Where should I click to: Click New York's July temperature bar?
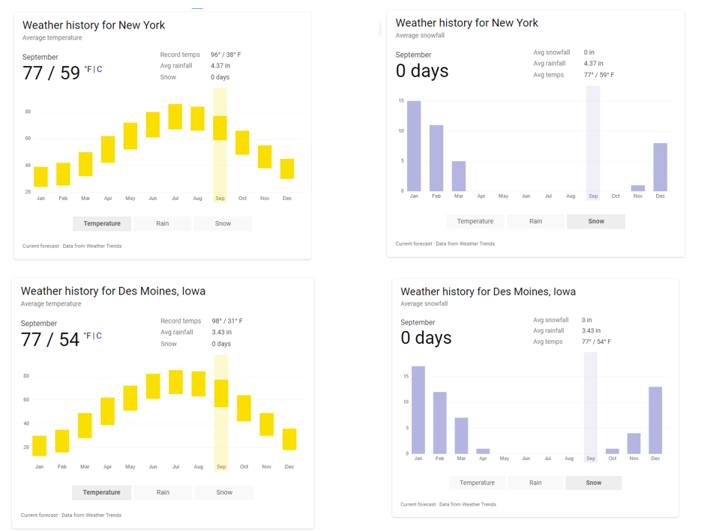pos(175,117)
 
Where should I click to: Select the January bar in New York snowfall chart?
pos(414,146)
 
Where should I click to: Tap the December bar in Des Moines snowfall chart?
pos(655,420)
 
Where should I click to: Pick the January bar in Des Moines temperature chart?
pos(39,446)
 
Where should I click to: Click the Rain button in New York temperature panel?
pos(162,223)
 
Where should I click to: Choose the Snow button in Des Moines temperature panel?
pos(223,492)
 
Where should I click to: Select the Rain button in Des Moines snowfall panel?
pos(535,483)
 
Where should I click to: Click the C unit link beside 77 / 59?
pos(99,70)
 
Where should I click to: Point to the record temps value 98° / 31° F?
pos(226,321)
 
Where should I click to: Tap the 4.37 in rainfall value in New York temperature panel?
pos(220,66)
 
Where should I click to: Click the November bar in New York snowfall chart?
pos(638,188)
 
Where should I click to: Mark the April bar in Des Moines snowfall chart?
pos(483,451)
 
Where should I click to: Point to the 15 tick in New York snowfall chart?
pos(401,101)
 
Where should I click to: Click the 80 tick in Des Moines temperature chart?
pos(26,376)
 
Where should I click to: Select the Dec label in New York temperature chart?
pos(287,199)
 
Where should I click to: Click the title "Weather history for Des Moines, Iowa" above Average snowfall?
pos(488,291)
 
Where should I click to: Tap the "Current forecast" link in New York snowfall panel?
pos(414,244)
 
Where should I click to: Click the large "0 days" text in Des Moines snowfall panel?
pos(426,338)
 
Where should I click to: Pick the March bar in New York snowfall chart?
pos(459,176)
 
